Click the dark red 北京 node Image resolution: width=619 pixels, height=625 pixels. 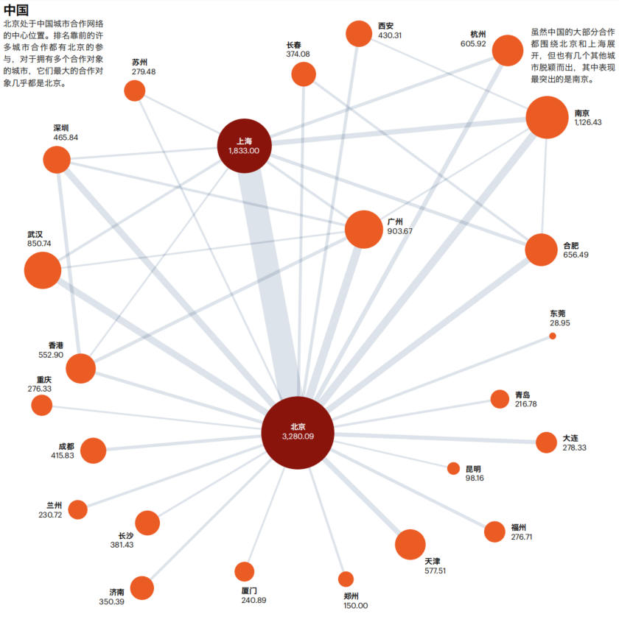298,433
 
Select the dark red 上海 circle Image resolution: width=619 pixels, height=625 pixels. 245,146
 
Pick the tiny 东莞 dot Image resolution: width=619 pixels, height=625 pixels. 553,336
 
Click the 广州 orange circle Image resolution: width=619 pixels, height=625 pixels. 363,230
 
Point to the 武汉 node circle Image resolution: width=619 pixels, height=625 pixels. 43,270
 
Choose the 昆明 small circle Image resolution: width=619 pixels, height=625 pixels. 453,469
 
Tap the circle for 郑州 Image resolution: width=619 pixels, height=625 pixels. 346,579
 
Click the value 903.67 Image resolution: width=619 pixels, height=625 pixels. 400,231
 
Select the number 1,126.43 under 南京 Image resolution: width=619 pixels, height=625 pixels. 588,122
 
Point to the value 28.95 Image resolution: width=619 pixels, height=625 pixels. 559,322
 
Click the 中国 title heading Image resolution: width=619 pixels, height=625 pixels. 16,10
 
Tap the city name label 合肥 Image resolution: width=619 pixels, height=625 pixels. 571,245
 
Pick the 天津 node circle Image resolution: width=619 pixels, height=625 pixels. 410,545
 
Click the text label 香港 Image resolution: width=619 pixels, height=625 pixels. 55,345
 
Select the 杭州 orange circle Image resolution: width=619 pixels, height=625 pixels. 508,50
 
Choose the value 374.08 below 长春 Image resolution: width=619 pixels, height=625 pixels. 298,54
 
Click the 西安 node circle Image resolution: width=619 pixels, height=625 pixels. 359,33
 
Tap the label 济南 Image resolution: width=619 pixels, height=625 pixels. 116,592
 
